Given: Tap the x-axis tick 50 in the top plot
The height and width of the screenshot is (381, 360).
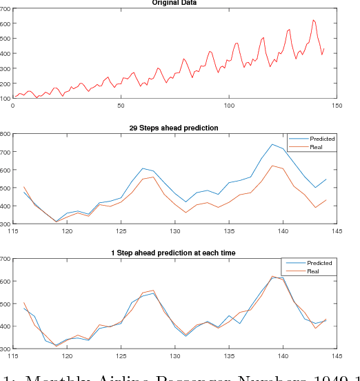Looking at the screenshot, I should pyautogui.click(x=121, y=105).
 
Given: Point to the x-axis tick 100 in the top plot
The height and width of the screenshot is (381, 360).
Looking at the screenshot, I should pyautogui.click(x=228, y=105).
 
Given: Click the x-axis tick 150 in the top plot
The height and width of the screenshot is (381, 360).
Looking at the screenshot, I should pyautogui.click(x=336, y=105).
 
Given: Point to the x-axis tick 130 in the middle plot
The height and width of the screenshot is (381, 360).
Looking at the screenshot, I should pyautogui.click(x=174, y=231).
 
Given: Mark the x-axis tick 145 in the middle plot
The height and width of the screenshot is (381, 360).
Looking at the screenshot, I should pyautogui.click(x=336, y=231).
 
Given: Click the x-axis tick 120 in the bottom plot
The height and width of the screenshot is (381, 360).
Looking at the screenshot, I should pyautogui.click(x=67, y=356).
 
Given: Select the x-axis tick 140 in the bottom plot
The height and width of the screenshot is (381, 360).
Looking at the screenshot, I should pyautogui.click(x=282, y=356).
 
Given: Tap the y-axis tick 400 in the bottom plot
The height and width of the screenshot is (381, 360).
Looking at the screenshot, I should pyautogui.click(x=6, y=326).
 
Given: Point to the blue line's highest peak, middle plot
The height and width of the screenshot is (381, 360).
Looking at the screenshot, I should pyautogui.click(x=272, y=144).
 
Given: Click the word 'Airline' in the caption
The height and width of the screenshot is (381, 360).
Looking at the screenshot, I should pyautogui.click(x=137, y=376).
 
